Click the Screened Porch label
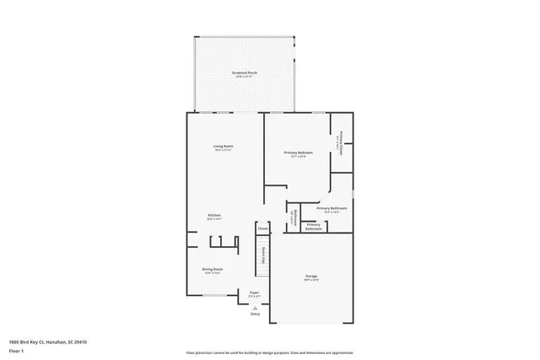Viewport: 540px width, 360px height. pyautogui.click(x=245, y=73)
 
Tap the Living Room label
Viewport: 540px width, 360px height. pyautogui.click(x=223, y=146)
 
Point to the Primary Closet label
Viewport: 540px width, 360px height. pyautogui.click(x=342, y=140)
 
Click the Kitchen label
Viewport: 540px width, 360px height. pyautogui.click(x=214, y=216)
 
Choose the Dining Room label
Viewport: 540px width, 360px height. pyautogui.click(x=212, y=269)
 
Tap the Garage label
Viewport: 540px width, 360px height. pyautogui.click(x=311, y=276)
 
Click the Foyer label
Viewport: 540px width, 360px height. pyautogui.click(x=254, y=293)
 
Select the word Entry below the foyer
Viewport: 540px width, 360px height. pyautogui.click(x=254, y=314)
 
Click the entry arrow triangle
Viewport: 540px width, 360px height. pyautogui.click(x=254, y=307)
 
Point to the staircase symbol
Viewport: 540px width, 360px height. pyautogui.click(x=262, y=262)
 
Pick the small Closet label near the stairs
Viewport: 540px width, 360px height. pyautogui.click(x=262, y=228)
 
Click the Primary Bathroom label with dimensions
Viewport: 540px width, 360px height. pyautogui.click(x=332, y=207)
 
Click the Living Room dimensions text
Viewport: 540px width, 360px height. pyautogui.click(x=223, y=150)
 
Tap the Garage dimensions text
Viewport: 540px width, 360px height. pyautogui.click(x=311, y=280)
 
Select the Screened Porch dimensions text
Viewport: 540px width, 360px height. pyautogui.click(x=245, y=77)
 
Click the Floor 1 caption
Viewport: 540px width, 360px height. pyautogui.click(x=17, y=349)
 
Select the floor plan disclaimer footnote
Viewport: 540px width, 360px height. pyautogui.click(x=269, y=352)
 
